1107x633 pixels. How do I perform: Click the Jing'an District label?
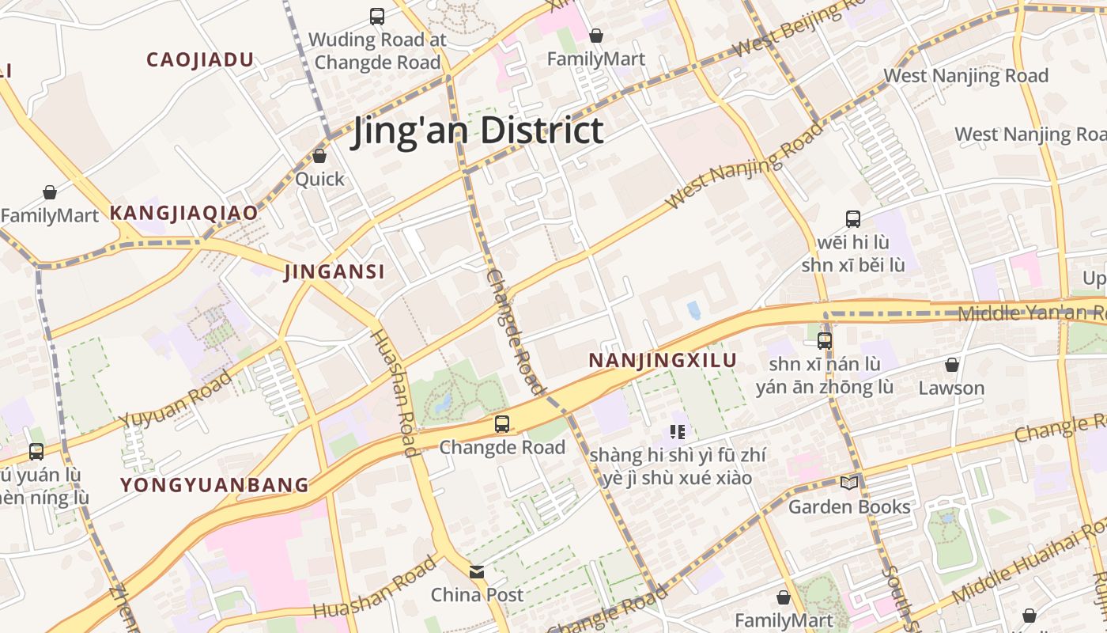(x=478, y=131)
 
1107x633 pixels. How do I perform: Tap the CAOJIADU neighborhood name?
(x=200, y=59)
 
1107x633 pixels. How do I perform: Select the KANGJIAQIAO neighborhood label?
(x=183, y=213)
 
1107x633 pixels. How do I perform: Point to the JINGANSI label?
(x=334, y=272)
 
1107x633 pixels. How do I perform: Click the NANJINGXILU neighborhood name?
(x=663, y=361)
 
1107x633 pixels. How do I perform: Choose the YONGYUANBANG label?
(x=214, y=485)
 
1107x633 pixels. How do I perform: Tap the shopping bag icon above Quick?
(x=319, y=157)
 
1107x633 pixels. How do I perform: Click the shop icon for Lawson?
(x=952, y=365)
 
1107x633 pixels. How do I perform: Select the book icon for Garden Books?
(x=849, y=483)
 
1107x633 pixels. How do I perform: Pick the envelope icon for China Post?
(x=477, y=571)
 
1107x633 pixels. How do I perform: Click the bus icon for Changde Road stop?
(x=502, y=424)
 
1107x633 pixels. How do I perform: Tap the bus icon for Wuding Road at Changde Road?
(x=377, y=16)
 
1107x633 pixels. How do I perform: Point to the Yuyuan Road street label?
(x=176, y=400)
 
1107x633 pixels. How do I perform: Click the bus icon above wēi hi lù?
(x=852, y=219)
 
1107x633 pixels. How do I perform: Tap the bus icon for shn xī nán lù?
(x=825, y=341)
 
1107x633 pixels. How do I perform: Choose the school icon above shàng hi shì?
(x=677, y=432)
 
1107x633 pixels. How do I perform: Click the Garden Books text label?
(x=849, y=506)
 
